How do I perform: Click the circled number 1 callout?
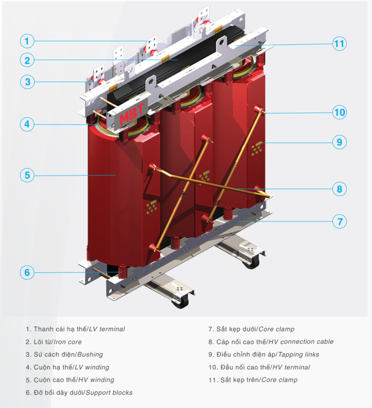(27, 41)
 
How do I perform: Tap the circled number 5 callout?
(27, 175)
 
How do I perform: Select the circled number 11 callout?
(339, 43)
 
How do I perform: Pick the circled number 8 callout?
(339, 189)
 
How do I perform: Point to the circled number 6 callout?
(27, 273)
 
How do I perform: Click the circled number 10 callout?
(339, 112)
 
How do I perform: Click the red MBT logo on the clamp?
(132, 114)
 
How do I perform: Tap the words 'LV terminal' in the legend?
(107, 329)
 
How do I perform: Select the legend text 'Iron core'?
(68, 342)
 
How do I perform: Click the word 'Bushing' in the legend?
(90, 354)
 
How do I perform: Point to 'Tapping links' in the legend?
(299, 354)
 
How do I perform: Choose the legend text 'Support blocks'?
(109, 392)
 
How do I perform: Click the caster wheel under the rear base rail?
(251, 263)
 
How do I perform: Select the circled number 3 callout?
(27, 82)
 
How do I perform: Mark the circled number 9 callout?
(339, 142)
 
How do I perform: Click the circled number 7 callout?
(339, 222)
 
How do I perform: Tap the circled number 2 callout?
(27, 60)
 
